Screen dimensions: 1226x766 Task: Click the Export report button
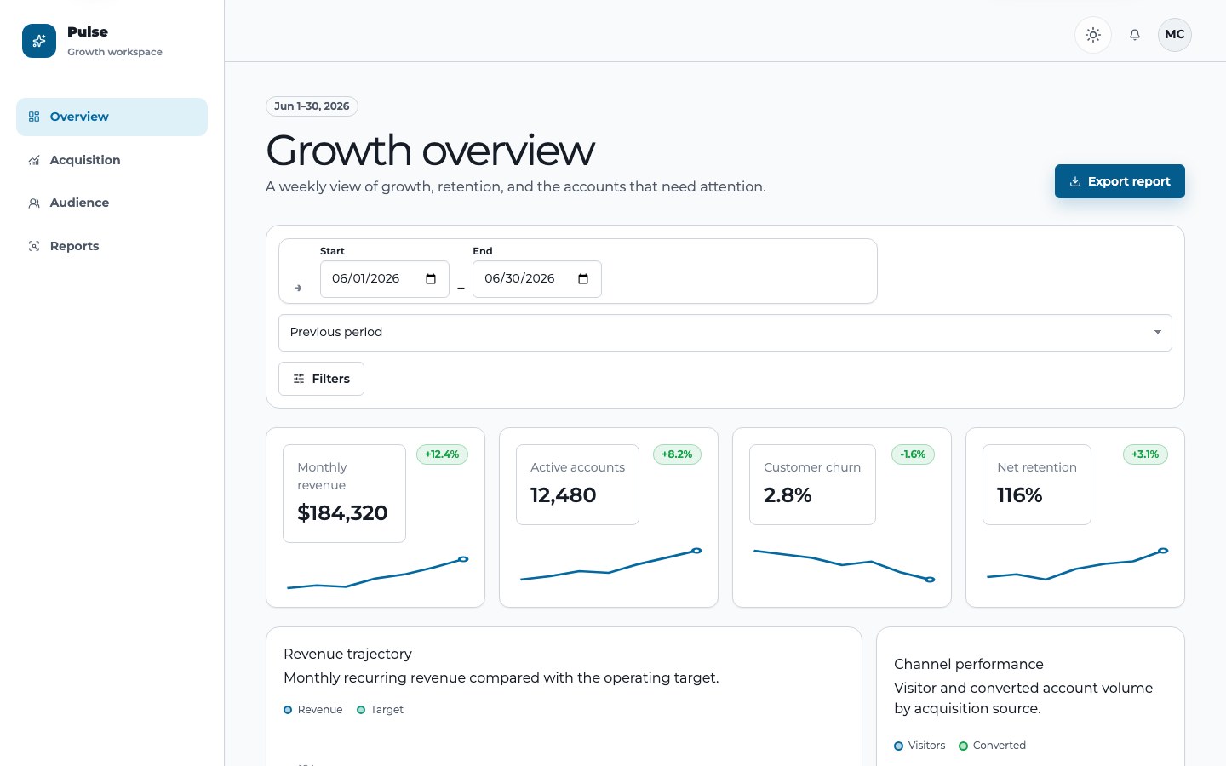coord(1120,181)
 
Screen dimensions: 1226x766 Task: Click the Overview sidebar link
coord(112,117)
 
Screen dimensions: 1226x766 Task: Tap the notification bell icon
coord(1135,34)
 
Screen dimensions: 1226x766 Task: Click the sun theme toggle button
coord(1093,34)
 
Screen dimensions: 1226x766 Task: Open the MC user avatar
coord(1175,34)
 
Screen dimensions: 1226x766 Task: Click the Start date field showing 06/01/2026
coord(384,279)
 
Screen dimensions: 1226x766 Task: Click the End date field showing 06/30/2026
coord(537,279)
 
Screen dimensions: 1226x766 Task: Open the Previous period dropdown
coord(725,333)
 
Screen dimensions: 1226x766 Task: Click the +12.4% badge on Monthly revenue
coord(442,454)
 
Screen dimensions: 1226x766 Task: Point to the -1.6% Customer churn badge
coord(913,454)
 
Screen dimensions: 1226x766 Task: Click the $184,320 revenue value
coord(342,512)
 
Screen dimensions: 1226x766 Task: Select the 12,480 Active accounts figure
coord(564,495)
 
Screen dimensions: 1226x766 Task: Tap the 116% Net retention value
coord(1019,495)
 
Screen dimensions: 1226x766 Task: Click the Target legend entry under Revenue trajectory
coord(380,710)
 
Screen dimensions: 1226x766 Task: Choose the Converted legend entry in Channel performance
coord(993,746)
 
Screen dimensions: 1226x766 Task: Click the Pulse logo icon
coord(39,41)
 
